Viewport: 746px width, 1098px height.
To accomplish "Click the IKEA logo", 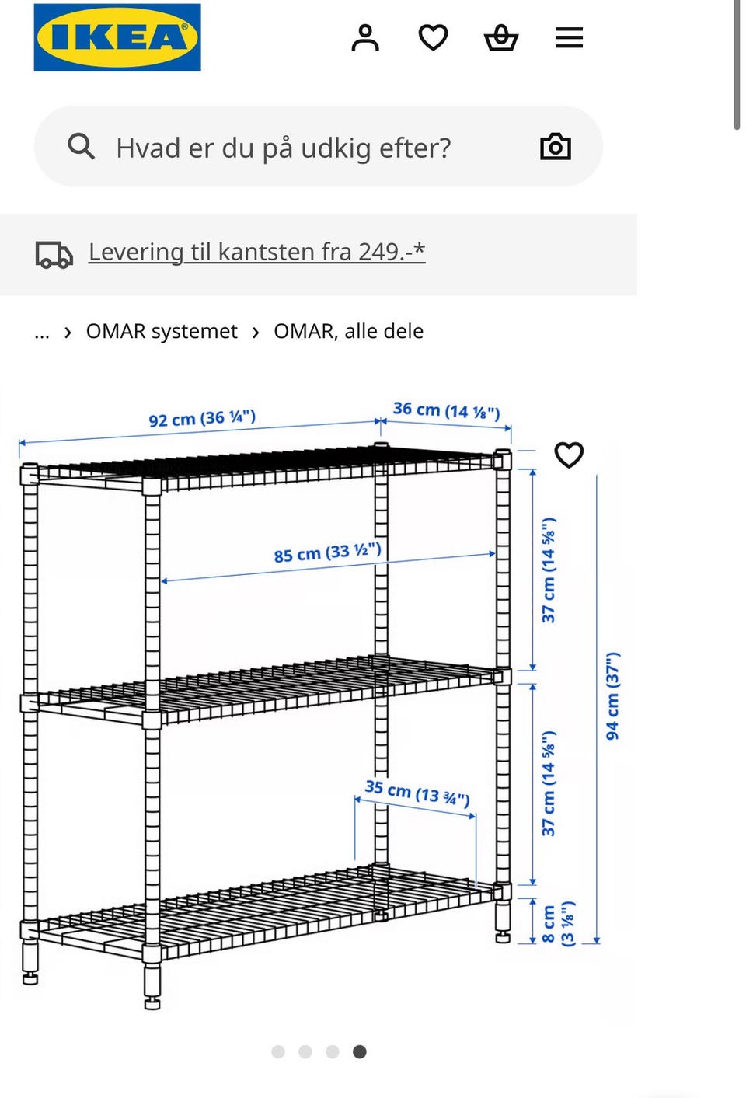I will click(117, 37).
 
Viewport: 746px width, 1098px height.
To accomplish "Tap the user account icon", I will click(364, 37).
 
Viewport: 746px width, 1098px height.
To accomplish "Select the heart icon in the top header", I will click(433, 37).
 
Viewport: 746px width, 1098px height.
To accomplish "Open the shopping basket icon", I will click(501, 37).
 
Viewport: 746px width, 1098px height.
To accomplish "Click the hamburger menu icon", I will click(569, 37).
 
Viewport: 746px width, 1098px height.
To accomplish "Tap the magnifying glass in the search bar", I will click(81, 146).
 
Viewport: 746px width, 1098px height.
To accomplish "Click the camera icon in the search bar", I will click(555, 146).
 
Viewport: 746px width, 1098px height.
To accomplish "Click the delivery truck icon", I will click(54, 254).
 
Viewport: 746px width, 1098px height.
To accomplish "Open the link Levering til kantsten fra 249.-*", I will click(256, 252).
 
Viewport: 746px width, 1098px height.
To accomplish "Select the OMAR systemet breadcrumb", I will click(162, 332).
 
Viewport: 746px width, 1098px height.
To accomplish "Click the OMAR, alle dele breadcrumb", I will click(348, 332).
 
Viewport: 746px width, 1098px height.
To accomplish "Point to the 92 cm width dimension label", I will click(202, 419).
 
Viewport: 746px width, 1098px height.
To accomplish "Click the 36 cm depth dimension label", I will click(446, 410).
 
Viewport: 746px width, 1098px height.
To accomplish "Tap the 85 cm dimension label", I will click(327, 552).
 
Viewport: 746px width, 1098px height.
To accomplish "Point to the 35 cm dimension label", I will click(417, 793).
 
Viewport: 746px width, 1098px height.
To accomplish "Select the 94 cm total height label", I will click(613, 696).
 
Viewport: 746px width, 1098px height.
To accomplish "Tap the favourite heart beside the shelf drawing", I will click(569, 455).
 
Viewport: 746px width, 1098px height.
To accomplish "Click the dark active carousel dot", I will click(359, 1051).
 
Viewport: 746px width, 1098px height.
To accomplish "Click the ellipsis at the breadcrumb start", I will click(42, 333).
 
